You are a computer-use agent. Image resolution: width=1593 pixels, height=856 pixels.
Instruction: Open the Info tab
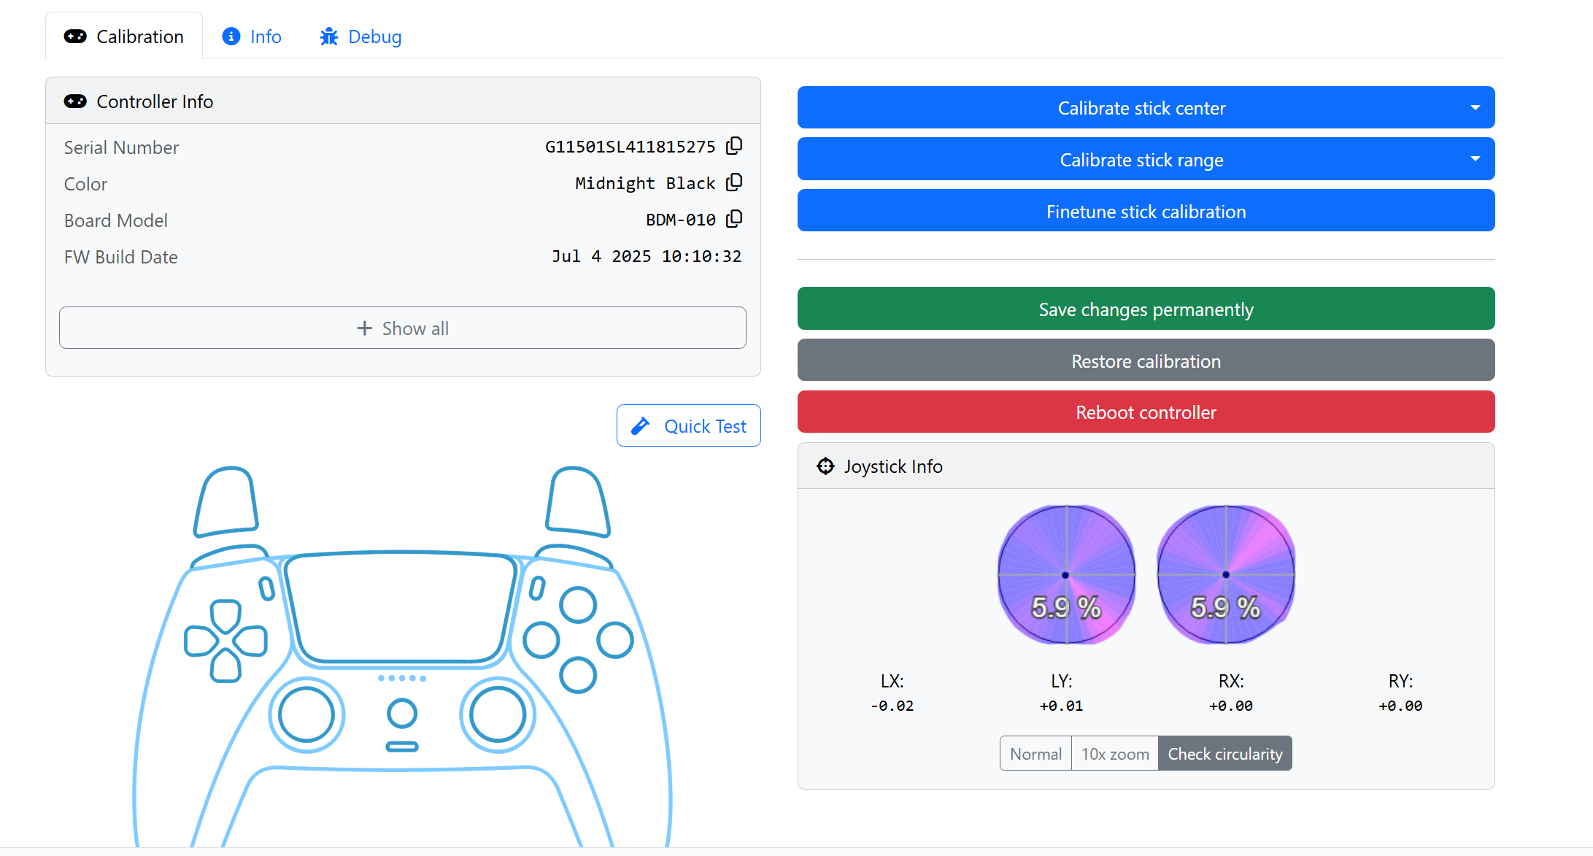pos(252,36)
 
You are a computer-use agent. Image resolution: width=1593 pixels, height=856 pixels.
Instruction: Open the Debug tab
pos(360,36)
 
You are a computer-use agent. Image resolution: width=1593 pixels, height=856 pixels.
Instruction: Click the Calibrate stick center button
pos(1146,107)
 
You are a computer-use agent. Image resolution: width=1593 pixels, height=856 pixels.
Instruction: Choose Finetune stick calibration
pos(1146,211)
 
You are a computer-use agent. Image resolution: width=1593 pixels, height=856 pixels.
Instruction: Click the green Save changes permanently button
pos(1146,309)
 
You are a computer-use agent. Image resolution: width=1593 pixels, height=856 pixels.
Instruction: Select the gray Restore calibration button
pos(1146,360)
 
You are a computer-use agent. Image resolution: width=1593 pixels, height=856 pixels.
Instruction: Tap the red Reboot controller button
pos(1146,412)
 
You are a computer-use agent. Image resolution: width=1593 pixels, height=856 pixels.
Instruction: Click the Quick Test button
pos(689,425)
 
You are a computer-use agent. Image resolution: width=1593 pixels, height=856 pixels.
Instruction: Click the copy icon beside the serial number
pos(734,146)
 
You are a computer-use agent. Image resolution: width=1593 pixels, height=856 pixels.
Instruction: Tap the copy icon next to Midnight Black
pos(734,182)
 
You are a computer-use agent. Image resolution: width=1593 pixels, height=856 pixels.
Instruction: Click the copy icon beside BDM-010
pos(734,219)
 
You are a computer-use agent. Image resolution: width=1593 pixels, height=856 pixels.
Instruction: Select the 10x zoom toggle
pos(1115,753)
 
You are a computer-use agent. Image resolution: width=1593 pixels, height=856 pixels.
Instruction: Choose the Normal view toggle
pos(1035,753)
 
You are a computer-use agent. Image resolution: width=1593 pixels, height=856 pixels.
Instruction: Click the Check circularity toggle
pos(1225,753)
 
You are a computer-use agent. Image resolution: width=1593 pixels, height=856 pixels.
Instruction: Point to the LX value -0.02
pos(892,706)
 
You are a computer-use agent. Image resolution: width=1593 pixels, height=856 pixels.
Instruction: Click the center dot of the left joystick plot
pos(1065,575)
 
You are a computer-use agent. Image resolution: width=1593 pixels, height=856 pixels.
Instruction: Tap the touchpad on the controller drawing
pos(401,609)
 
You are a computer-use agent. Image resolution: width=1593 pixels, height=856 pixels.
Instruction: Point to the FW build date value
pos(647,256)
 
